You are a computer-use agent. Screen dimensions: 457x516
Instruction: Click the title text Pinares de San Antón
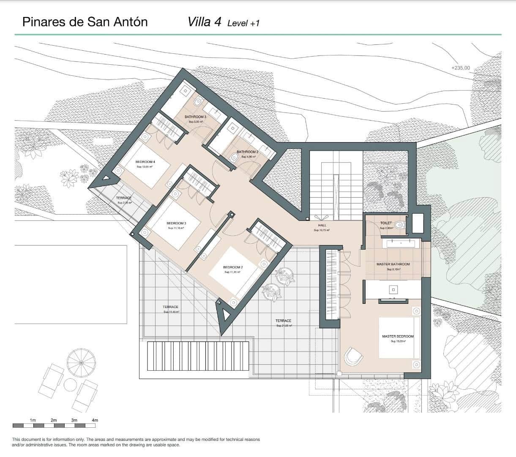[x=85, y=22]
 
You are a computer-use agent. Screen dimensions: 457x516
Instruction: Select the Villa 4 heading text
[x=204, y=22]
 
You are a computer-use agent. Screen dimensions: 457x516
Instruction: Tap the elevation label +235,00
[x=460, y=68]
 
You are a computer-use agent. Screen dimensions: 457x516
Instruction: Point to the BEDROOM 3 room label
[x=176, y=223]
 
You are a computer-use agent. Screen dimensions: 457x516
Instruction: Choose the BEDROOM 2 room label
[x=233, y=267]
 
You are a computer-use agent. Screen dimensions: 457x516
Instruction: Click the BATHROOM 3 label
[x=195, y=117]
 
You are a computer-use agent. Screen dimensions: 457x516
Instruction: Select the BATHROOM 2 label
[x=247, y=152]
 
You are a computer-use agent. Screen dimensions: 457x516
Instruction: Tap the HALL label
[x=322, y=226]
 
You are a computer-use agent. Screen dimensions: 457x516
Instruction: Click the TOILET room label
[x=386, y=223]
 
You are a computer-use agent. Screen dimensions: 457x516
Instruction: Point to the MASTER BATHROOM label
[x=393, y=264]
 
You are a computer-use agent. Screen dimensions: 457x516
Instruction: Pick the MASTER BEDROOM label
[x=398, y=336]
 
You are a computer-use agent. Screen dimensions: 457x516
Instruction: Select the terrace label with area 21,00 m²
[x=284, y=321]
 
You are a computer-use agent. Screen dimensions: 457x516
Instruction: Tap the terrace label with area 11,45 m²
[x=170, y=307]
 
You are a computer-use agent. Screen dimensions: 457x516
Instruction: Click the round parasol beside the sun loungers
[x=81, y=362]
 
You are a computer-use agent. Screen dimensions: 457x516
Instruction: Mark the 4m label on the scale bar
[x=95, y=420]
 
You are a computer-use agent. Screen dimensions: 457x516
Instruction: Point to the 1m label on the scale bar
[x=33, y=420]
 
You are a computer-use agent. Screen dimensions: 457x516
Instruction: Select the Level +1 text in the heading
[x=243, y=23]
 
